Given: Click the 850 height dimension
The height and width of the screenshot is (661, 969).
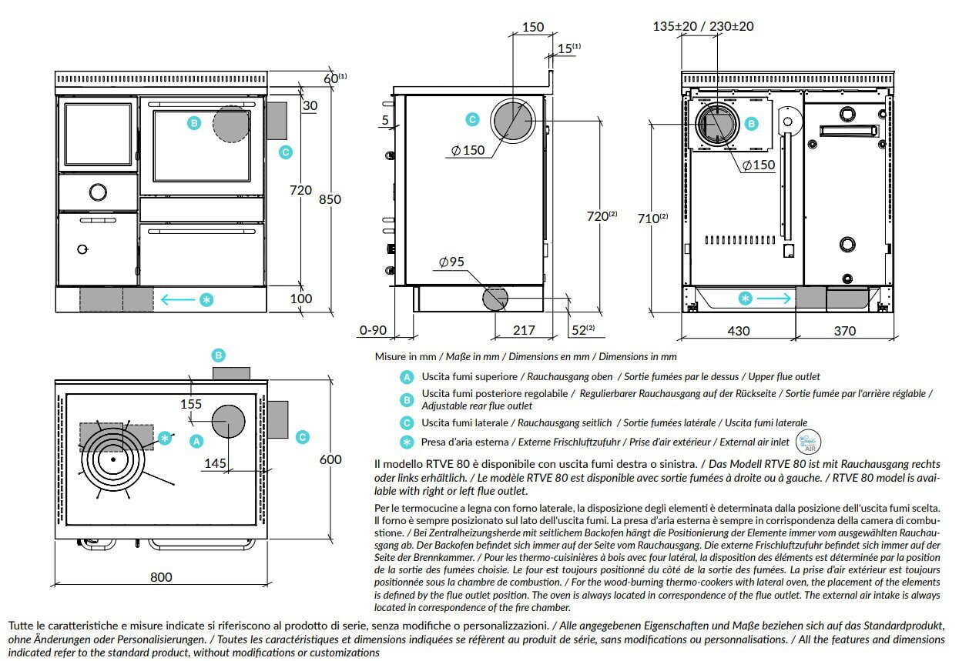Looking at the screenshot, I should (330, 199).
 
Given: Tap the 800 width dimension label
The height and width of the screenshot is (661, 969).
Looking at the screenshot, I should (161, 576).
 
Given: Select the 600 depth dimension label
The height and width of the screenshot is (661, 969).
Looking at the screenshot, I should (330, 459).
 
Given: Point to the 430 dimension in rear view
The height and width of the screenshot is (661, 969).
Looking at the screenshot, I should (738, 331).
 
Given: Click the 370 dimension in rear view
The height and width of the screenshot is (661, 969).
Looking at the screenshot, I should (845, 331).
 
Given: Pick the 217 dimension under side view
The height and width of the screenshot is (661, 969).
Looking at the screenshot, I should (523, 330).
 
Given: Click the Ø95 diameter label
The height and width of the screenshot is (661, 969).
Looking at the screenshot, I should (452, 262).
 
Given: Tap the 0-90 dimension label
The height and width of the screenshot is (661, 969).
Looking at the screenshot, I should (373, 331).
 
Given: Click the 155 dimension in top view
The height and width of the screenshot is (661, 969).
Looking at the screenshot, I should (191, 403).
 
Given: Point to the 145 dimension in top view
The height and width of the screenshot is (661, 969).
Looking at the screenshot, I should (216, 462).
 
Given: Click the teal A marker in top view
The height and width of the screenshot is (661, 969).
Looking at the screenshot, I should (196, 441).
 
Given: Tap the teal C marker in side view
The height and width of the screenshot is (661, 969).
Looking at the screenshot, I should (473, 119).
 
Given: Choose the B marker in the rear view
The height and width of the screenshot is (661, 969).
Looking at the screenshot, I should (751, 122).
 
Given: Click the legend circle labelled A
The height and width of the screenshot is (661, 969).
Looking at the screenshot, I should (407, 377).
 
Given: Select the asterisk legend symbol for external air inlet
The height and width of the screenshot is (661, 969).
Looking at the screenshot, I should (407, 442).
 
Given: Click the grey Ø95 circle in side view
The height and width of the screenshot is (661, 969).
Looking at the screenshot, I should (495, 298).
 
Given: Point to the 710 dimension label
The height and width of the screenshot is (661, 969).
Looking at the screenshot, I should (651, 219).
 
